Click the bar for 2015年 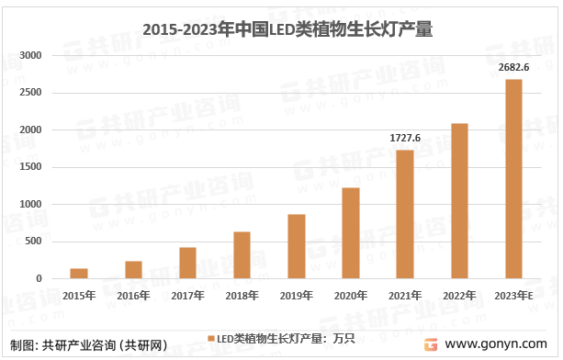tap(79, 274)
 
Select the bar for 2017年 tap(187, 263)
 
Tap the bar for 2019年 tap(296, 246)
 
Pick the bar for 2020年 tap(350, 233)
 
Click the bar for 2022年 tap(459, 201)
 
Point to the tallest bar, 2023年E tap(513, 179)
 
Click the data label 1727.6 tap(405, 137)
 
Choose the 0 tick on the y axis tap(39, 279)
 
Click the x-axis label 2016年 tap(133, 295)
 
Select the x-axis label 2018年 tap(242, 295)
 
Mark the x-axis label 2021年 tap(405, 295)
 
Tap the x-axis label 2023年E tap(513, 295)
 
